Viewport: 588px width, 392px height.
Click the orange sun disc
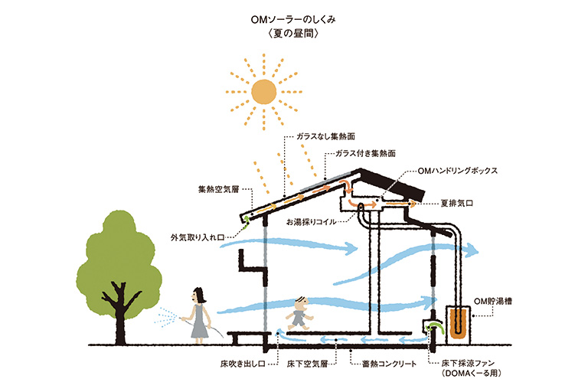point(263,92)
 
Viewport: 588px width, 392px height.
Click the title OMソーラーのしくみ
point(293,19)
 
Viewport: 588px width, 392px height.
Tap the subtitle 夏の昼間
point(293,34)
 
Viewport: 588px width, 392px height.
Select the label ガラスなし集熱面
point(325,136)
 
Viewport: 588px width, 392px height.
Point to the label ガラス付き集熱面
point(365,153)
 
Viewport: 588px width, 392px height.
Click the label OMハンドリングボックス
point(458,171)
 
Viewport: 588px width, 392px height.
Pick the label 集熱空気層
point(219,189)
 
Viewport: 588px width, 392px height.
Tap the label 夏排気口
point(456,204)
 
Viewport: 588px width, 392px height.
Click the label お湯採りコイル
point(312,222)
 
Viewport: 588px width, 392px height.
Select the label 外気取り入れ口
point(198,237)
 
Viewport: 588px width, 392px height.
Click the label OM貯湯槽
point(493,301)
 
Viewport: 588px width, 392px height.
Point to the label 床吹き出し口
point(243,364)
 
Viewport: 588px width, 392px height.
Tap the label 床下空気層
point(307,364)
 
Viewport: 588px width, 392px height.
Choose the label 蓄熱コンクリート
point(389,364)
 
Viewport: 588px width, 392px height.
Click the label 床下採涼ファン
point(468,363)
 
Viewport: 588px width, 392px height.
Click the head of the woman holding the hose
point(198,296)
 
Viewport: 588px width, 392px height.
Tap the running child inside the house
point(299,314)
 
